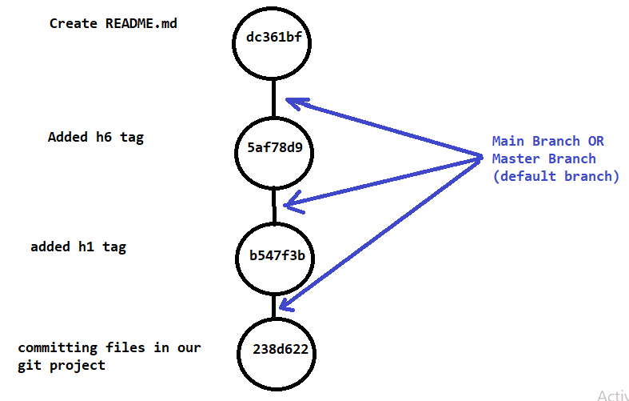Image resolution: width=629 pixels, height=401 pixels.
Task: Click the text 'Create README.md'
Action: click(113, 23)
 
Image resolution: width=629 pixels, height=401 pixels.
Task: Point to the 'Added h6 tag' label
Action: click(95, 137)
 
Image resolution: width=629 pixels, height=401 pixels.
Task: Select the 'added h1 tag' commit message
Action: click(78, 247)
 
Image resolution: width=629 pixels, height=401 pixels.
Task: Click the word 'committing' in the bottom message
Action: click(58, 348)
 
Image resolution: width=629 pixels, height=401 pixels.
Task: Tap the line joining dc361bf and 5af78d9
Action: click(274, 98)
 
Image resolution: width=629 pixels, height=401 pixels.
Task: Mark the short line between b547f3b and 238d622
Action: click(274, 304)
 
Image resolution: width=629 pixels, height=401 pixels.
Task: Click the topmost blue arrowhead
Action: click(293, 102)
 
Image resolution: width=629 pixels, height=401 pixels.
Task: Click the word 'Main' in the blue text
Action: click(508, 142)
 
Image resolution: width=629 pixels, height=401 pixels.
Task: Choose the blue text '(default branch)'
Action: click(555, 176)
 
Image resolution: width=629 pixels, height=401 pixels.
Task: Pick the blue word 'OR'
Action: click(596, 142)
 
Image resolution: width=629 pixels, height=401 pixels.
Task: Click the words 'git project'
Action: click(62, 366)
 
